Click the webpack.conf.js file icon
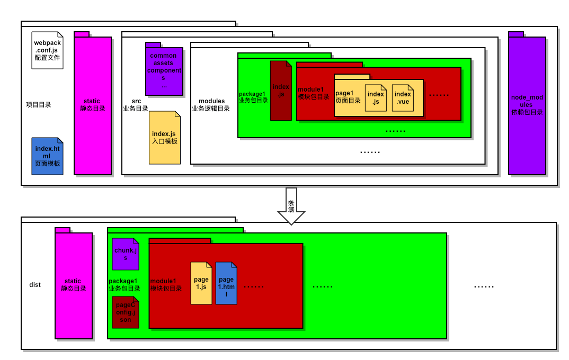click(x=48, y=50)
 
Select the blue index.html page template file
click(x=48, y=156)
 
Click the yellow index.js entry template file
click(x=164, y=137)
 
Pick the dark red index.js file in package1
click(x=281, y=91)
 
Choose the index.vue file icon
click(x=403, y=98)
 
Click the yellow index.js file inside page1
click(x=376, y=98)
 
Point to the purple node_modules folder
click(x=527, y=105)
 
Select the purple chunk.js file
click(x=126, y=254)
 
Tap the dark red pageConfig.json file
click(x=126, y=312)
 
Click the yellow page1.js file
click(x=201, y=283)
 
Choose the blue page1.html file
click(x=226, y=283)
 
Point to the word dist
click(x=35, y=285)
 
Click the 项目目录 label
click(x=39, y=105)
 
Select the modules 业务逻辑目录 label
click(x=211, y=105)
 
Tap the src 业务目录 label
click(x=136, y=105)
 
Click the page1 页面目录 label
click(x=348, y=97)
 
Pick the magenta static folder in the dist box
click(x=74, y=285)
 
